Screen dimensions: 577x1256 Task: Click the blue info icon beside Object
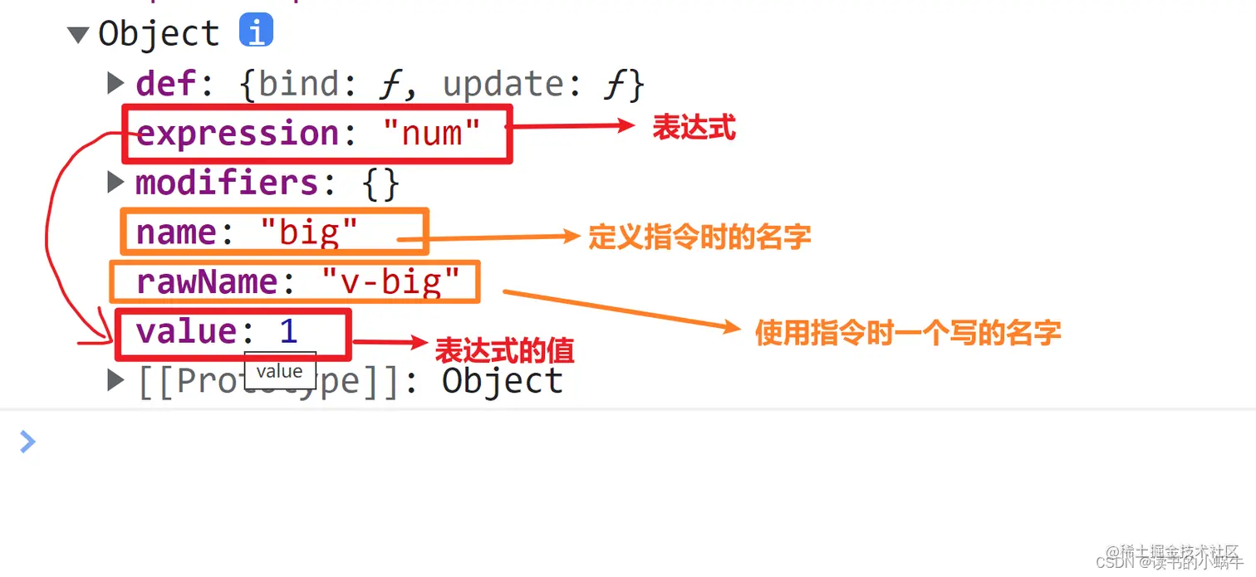coord(256,32)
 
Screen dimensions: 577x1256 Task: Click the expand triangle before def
coord(116,83)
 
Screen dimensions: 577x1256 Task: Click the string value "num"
coord(432,134)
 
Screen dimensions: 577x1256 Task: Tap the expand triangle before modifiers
coord(116,183)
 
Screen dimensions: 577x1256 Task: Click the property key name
coord(177,232)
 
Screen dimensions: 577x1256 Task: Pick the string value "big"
coord(308,232)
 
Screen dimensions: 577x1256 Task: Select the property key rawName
coord(207,282)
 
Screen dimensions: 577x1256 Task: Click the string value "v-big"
coord(390,282)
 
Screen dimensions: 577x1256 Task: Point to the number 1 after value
coord(288,332)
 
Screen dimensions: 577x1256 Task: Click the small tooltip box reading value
coord(279,371)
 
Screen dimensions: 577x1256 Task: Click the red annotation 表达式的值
coord(504,350)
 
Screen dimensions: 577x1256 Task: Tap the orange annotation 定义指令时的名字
coord(699,237)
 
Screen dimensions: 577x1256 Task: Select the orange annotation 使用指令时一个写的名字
coord(907,333)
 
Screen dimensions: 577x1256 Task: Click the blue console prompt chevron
coord(27,441)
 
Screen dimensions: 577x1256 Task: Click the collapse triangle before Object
coord(78,35)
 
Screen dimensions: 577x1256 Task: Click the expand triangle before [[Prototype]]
coord(116,381)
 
